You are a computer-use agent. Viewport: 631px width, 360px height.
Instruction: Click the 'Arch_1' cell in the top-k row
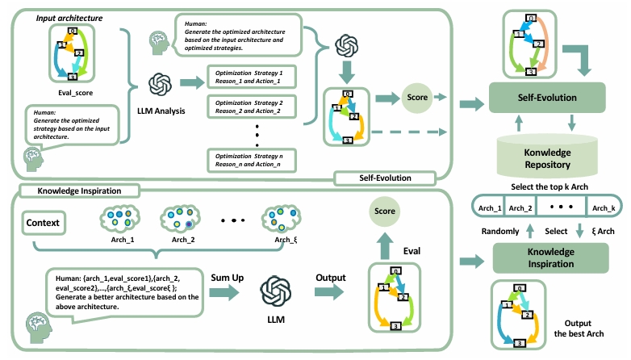tap(490, 209)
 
